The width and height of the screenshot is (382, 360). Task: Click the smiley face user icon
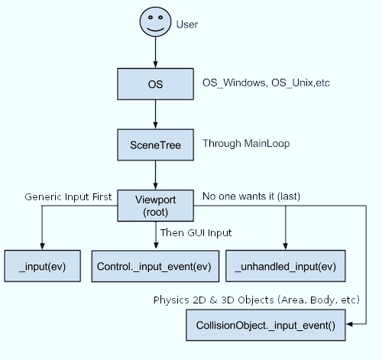156,22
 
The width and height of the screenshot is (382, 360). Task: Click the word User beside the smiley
187,24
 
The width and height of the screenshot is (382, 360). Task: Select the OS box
156,83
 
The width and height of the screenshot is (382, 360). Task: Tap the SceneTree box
156,144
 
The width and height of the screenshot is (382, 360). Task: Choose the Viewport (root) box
156,206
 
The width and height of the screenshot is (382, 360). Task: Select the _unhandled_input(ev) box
285,267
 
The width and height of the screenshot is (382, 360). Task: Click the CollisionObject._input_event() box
265,326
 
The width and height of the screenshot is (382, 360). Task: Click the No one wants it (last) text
251,197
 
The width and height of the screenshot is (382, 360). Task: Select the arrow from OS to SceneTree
156,115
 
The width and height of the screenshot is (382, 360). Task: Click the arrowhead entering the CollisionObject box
348,326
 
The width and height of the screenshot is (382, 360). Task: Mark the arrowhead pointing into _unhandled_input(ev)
285,246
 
